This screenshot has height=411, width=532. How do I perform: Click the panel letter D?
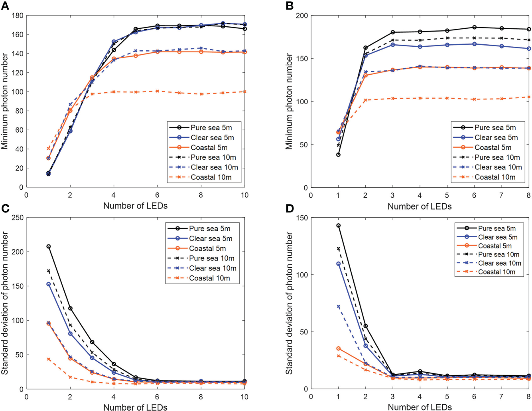click(x=290, y=208)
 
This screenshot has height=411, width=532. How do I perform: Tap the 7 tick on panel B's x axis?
click(x=501, y=195)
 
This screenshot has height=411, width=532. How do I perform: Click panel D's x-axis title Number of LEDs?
click(x=420, y=407)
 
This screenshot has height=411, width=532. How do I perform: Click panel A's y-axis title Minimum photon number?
click(x=5, y=101)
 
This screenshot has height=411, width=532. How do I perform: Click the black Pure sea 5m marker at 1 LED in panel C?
click(x=49, y=246)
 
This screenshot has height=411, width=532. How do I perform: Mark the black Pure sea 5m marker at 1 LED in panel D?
click(x=339, y=226)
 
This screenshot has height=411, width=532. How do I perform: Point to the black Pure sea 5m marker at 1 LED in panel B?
click(x=338, y=155)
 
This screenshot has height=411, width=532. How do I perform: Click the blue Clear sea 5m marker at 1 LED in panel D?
click(x=339, y=264)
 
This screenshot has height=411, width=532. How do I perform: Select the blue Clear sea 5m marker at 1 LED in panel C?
click(x=49, y=284)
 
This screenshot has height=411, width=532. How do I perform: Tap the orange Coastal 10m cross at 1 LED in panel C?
click(x=49, y=359)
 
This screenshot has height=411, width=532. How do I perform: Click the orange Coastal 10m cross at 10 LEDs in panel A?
click(x=244, y=92)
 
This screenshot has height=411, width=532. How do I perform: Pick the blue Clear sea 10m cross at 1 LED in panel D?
click(x=339, y=307)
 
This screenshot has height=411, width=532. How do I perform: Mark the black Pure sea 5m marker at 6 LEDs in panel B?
click(x=474, y=27)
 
